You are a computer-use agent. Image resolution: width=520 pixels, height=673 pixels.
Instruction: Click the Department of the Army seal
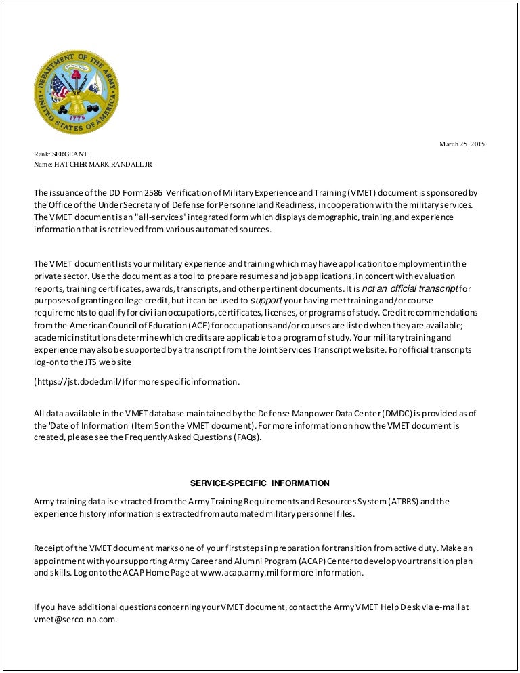point(77,93)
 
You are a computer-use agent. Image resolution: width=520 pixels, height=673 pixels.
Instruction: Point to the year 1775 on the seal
point(77,118)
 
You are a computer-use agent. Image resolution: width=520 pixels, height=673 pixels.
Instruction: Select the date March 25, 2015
point(462,144)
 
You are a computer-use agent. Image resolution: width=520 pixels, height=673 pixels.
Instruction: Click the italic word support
point(265,300)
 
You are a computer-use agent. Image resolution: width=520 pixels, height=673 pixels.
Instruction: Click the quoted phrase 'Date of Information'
point(82,425)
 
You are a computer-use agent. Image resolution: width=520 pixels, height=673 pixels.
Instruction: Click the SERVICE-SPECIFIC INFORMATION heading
point(260,483)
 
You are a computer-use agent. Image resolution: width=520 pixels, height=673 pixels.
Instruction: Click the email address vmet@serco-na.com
point(75,618)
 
